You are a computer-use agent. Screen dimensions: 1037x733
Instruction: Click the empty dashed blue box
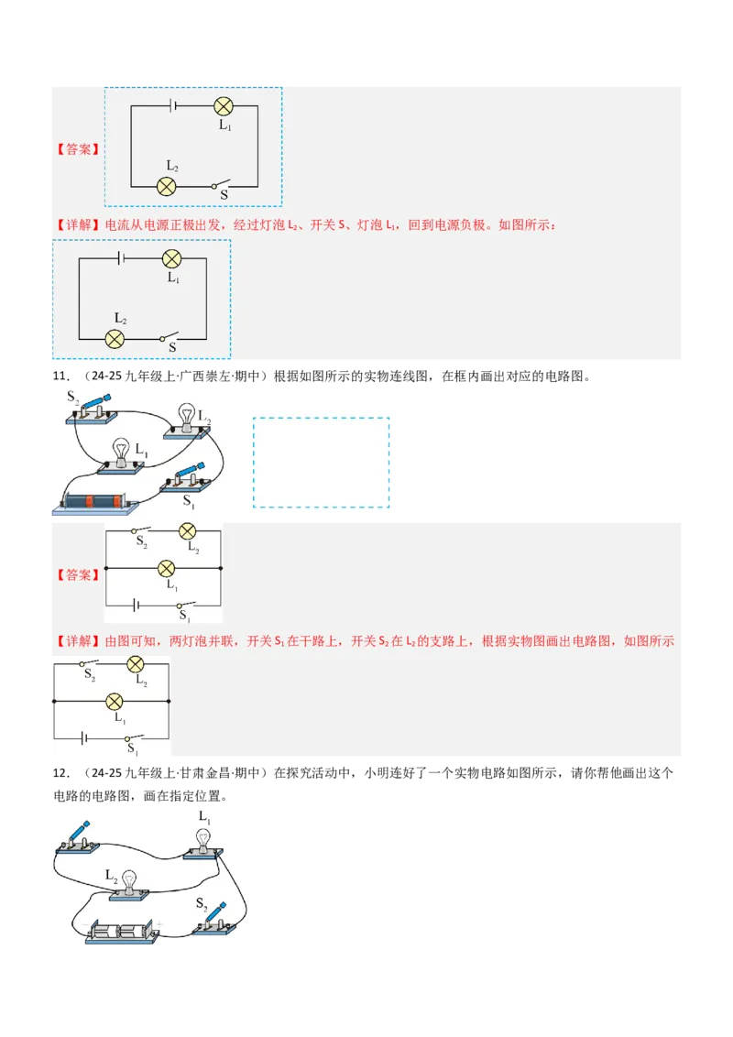point(321,463)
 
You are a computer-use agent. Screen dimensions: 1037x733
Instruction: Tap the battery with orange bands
point(97,503)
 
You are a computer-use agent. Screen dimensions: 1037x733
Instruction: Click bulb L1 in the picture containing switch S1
point(122,453)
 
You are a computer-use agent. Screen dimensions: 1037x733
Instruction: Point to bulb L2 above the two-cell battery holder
point(129,881)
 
